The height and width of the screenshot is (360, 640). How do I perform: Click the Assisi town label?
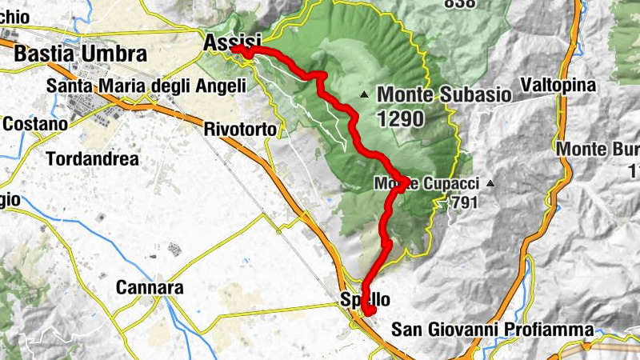tap(233, 42)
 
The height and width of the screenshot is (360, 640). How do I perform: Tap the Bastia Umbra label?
tap(81, 54)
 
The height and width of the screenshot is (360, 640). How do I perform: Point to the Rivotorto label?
tap(240, 129)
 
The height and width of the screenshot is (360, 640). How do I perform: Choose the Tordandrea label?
tap(92, 158)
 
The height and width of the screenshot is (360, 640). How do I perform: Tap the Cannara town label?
tap(150, 287)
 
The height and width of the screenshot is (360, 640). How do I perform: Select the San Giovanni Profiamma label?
tap(493, 329)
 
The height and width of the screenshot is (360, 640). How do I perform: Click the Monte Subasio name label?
tap(444, 94)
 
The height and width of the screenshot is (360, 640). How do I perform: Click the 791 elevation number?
tap(463, 202)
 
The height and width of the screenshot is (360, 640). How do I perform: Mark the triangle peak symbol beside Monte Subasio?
tap(364, 94)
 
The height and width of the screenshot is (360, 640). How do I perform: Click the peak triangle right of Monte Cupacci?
tap(490, 184)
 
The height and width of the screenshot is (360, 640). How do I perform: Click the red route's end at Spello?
tap(369, 310)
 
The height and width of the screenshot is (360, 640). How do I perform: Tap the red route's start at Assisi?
tap(236, 49)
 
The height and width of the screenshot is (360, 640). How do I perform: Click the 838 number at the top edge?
tap(459, 3)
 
